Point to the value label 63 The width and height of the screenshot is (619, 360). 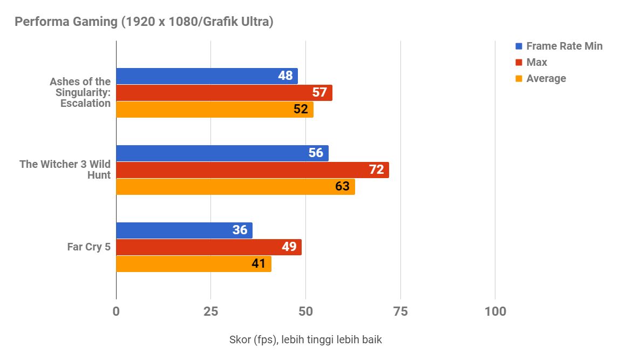point(342,187)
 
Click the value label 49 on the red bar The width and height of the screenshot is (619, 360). point(289,247)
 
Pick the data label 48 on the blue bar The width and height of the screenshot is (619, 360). point(285,76)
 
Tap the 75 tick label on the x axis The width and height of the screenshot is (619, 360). point(400,311)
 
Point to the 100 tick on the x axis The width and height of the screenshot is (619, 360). point(495,311)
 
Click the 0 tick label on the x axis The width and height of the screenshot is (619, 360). point(116,311)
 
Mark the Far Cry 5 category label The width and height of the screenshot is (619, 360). point(89,247)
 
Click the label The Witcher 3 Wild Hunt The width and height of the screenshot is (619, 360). point(65,169)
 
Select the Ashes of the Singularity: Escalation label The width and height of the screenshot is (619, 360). point(80,92)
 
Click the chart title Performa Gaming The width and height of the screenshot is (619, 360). point(144,22)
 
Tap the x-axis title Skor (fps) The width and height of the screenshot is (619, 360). point(305,340)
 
